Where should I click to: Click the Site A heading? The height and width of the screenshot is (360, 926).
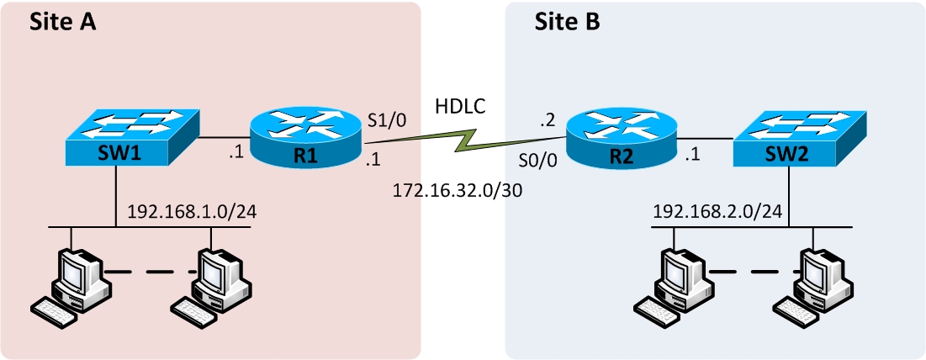(63, 23)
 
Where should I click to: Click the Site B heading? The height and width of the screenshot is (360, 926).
(568, 23)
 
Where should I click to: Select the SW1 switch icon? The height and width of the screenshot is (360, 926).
(133, 135)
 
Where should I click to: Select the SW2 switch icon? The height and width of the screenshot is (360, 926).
(798, 135)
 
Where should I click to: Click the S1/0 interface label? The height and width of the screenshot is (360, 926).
(388, 120)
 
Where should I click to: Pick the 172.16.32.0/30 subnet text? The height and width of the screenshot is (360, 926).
(458, 191)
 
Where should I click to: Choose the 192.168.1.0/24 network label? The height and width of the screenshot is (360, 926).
(191, 210)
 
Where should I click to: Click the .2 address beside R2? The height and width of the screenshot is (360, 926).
(549, 120)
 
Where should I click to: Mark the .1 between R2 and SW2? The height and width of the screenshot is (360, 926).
(693, 154)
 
